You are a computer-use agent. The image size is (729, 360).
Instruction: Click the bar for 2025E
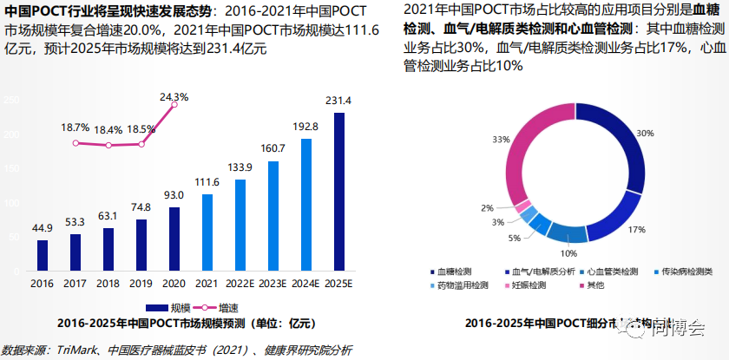pyautogui.click(x=339, y=191)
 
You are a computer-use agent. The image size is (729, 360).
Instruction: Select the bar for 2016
pyautogui.click(x=43, y=254)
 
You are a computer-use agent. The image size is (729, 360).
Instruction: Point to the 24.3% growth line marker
pyautogui.click(x=174, y=104)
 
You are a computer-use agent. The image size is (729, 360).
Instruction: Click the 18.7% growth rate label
pyautogui.click(x=76, y=128)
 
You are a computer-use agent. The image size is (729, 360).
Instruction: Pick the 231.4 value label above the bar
pyautogui.click(x=339, y=101)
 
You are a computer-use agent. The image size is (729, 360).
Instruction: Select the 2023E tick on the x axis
pyautogui.click(x=273, y=283)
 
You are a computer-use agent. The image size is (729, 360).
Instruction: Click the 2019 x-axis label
pyautogui.click(x=141, y=283)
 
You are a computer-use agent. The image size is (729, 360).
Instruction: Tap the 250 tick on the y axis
pyautogui.click(x=12, y=101)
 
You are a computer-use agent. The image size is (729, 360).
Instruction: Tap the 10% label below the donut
pyautogui.click(x=568, y=253)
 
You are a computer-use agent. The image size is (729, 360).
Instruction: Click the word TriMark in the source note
pyautogui.click(x=76, y=350)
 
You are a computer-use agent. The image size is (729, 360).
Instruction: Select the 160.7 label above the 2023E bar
pyautogui.click(x=273, y=148)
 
